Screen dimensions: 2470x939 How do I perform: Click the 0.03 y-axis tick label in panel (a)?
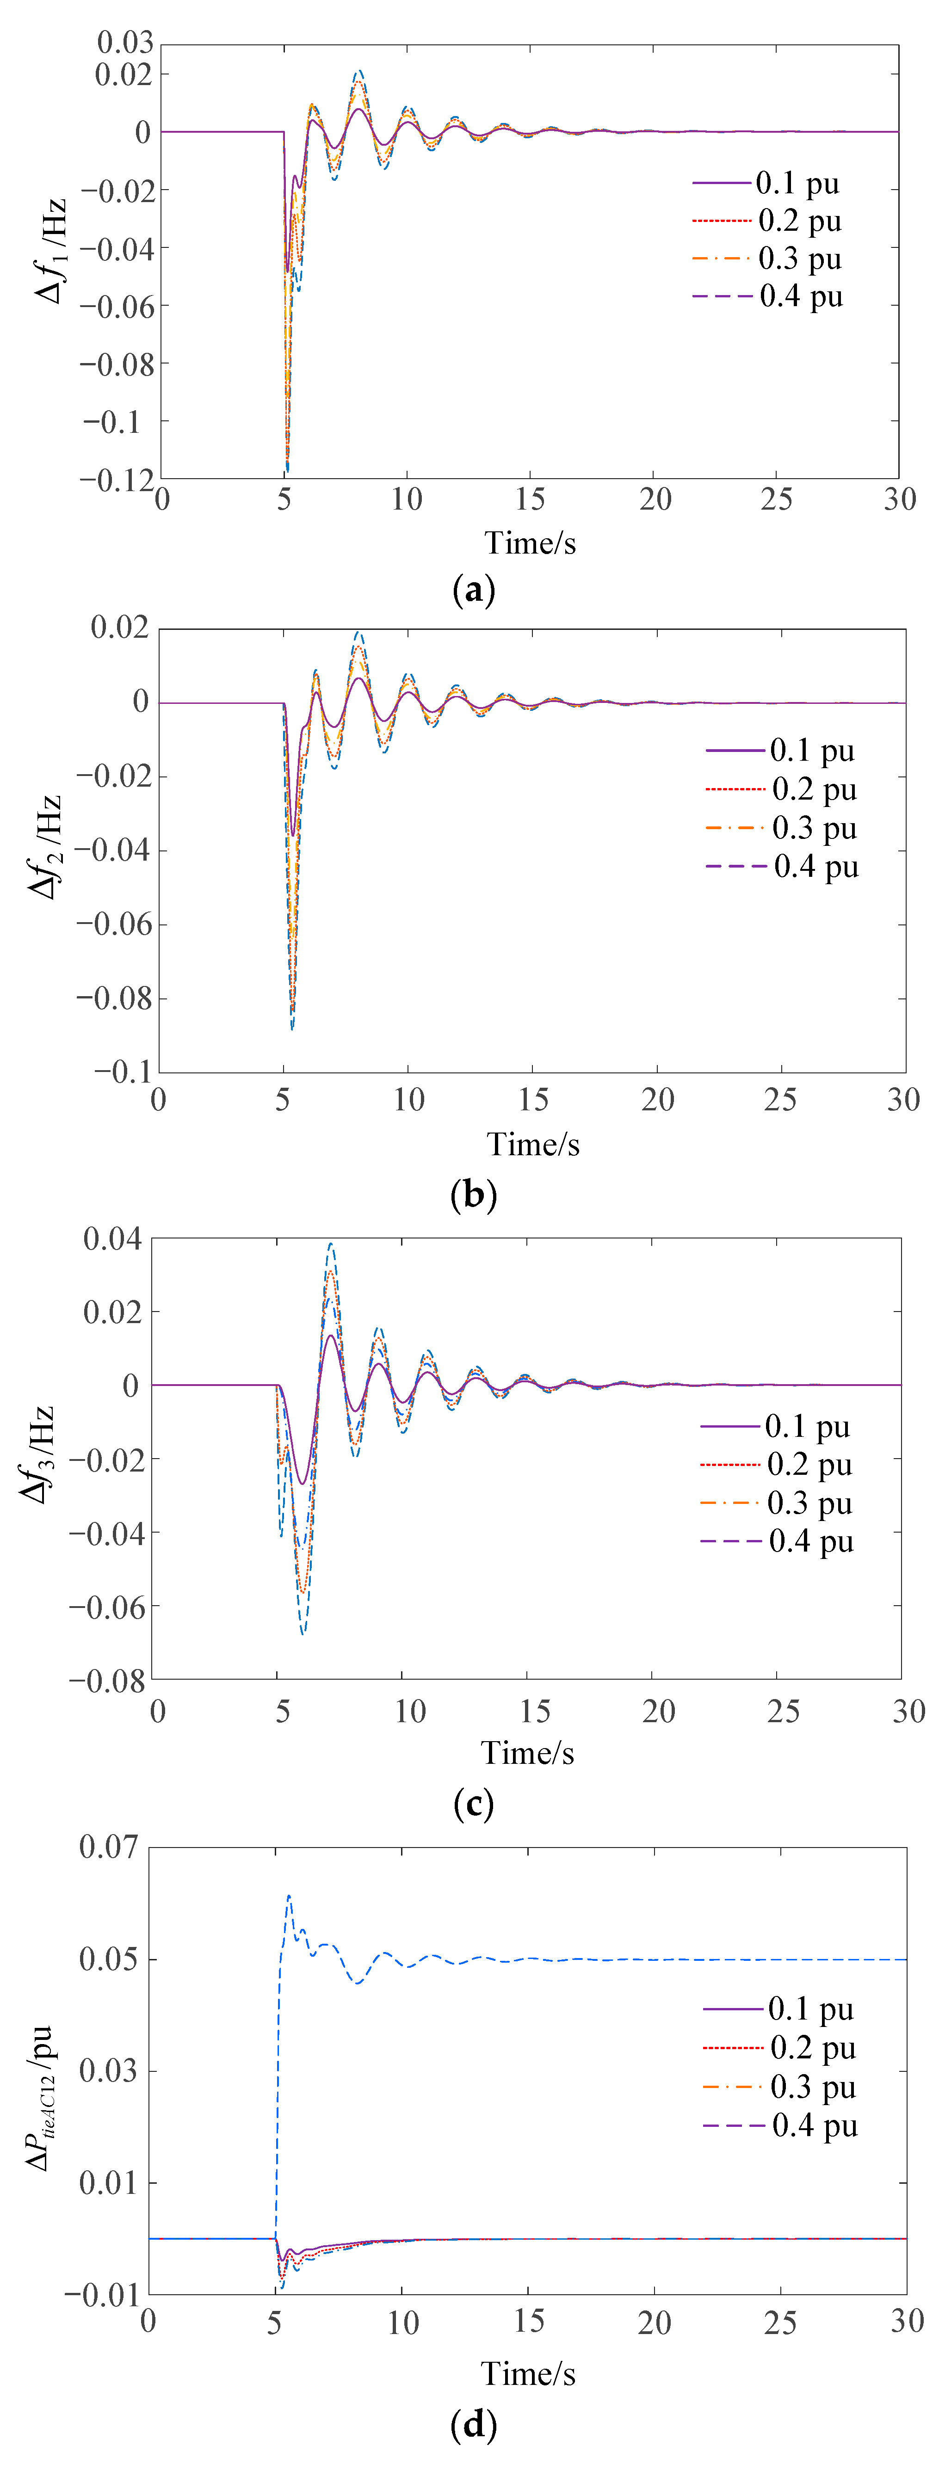(x=125, y=42)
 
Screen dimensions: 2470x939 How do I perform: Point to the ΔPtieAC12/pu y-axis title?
(x=38, y=2100)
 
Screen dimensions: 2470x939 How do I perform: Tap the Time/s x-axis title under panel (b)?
(x=533, y=1145)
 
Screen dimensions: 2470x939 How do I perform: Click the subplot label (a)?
(x=473, y=591)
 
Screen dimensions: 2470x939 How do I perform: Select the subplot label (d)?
(x=473, y=2426)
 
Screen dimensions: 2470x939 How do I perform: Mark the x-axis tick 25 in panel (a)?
(x=777, y=499)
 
